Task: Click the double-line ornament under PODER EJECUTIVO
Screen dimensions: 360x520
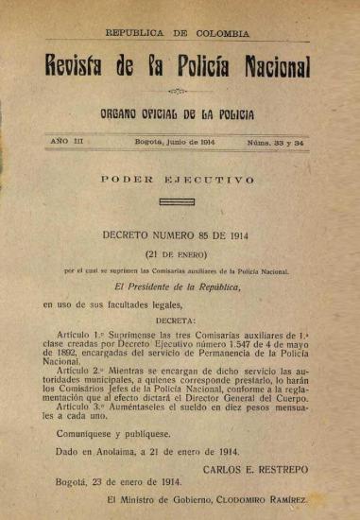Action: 177,200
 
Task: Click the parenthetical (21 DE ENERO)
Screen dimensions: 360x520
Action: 178,254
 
